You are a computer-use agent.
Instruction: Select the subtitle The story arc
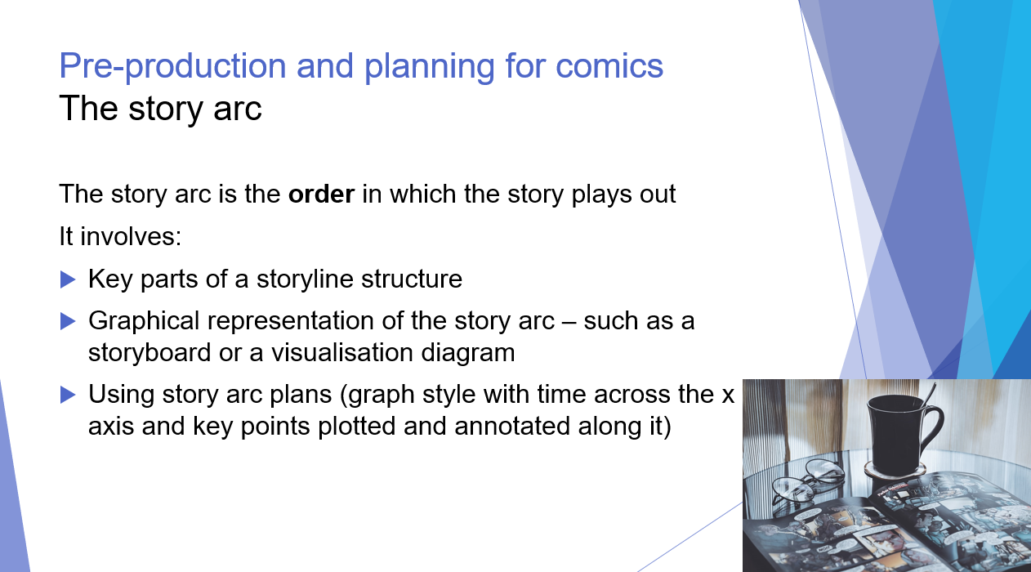(160, 108)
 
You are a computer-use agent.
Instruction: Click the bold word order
(321, 195)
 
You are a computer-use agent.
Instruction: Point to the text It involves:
(119, 238)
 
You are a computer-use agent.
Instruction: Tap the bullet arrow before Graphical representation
(68, 321)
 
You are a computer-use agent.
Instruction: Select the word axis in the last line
(108, 427)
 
